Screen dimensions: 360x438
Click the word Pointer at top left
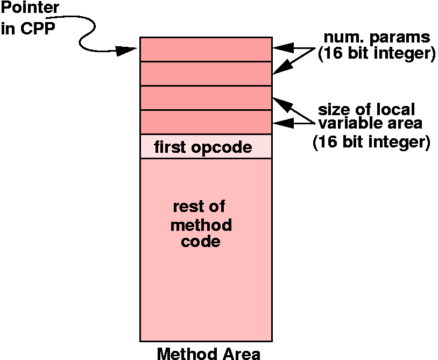[29, 9]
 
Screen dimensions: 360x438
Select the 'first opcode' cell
[203, 147]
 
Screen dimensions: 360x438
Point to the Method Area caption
[208, 353]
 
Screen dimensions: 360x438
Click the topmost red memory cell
[206, 49]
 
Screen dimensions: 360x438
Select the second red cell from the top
[206, 74]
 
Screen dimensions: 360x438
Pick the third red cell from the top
[206, 98]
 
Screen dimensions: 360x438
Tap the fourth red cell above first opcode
[206, 122]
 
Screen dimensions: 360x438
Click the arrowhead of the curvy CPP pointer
[130, 50]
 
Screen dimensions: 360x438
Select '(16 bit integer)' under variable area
[371, 143]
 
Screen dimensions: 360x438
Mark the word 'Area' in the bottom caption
[240, 354]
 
